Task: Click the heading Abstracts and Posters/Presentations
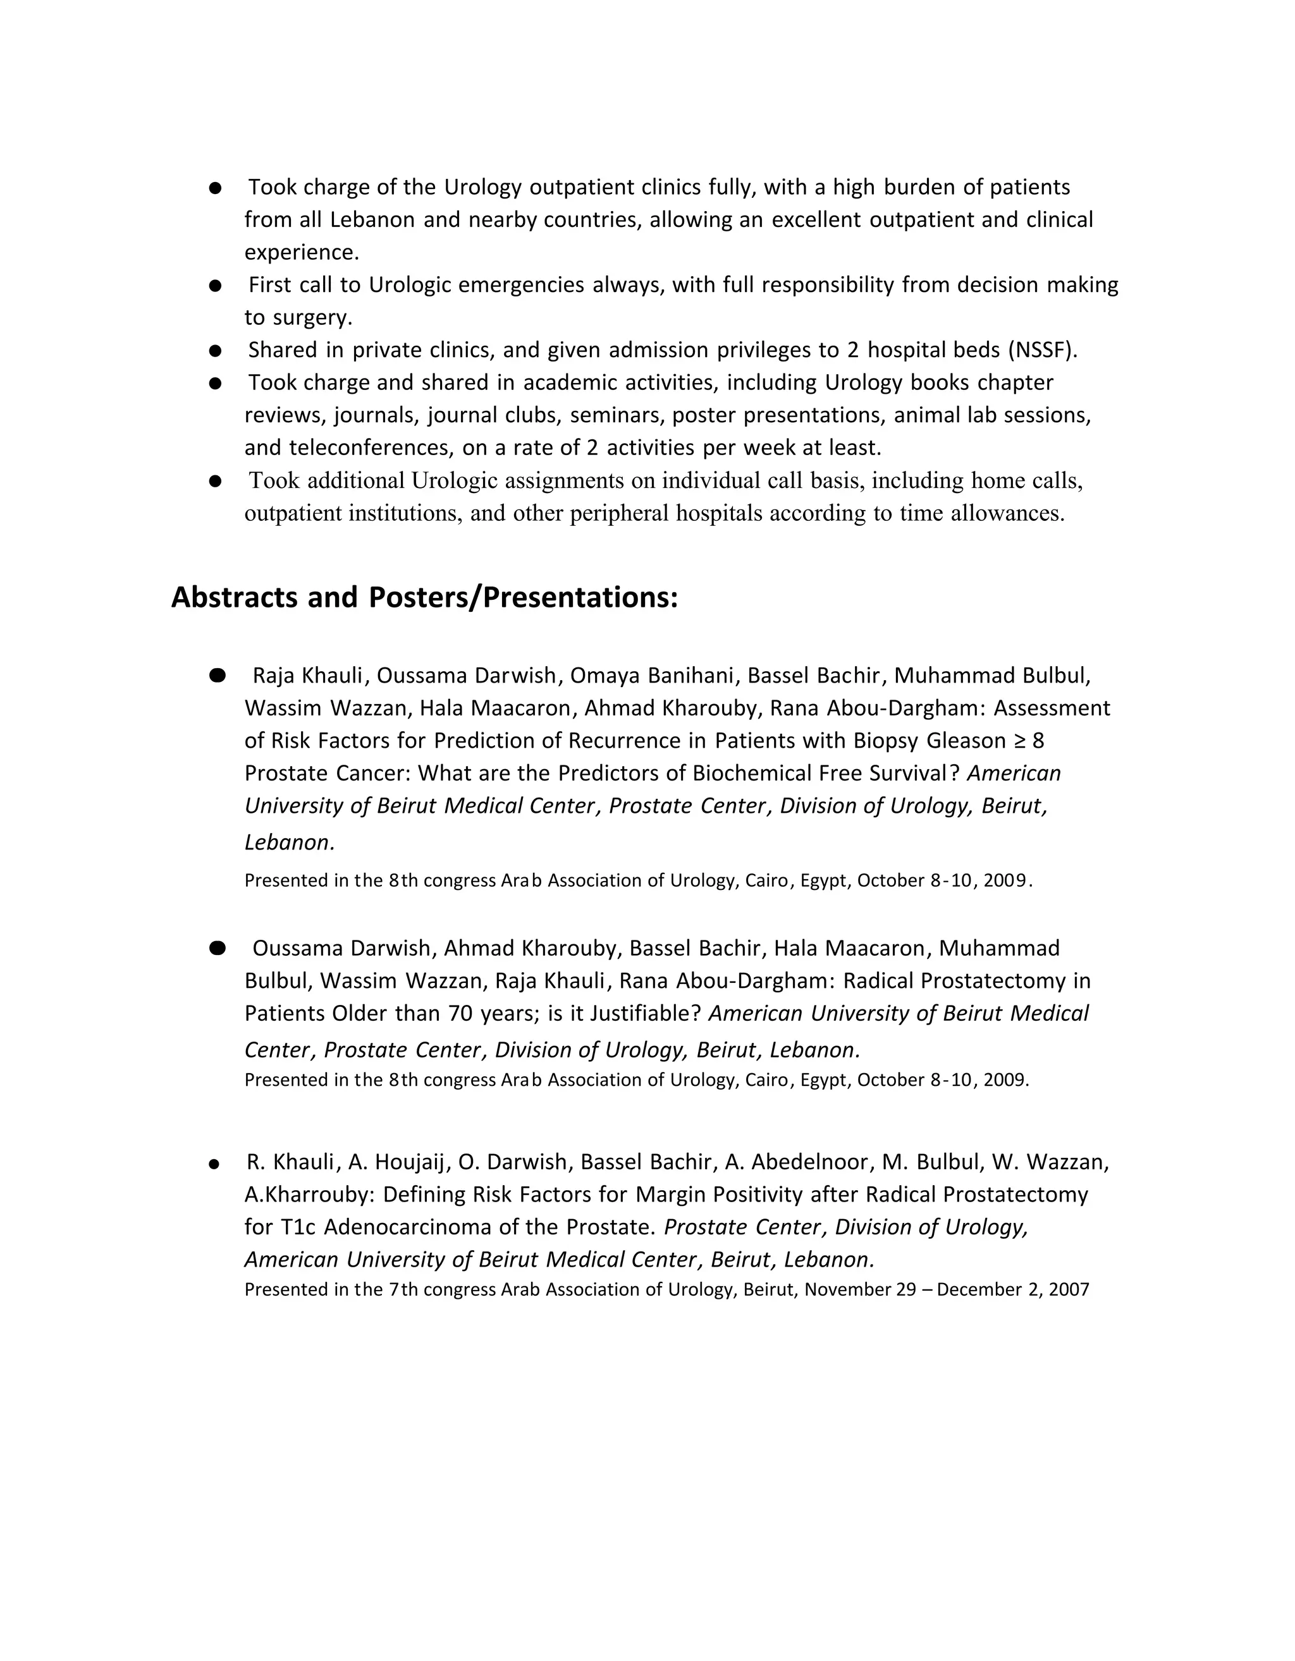[424, 598]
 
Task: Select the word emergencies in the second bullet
[521, 285]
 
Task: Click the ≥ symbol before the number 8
[1019, 741]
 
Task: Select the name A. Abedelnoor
[797, 1162]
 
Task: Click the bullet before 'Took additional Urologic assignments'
[216, 482]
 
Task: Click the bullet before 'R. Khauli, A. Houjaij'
[214, 1164]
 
